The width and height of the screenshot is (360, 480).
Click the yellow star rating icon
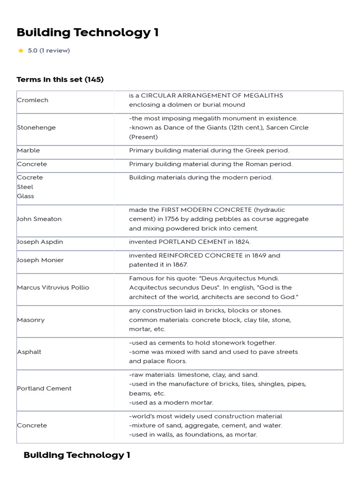pos(21,51)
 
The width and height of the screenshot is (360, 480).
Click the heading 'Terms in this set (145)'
pos(60,79)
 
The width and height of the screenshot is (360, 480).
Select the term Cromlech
pos(32,100)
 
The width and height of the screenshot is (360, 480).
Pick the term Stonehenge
pos(36,127)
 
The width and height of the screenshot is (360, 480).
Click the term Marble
pos(29,150)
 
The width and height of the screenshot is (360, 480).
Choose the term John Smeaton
pos(39,219)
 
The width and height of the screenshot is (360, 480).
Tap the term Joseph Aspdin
pos(40,242)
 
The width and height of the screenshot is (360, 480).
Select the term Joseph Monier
pos(40,260)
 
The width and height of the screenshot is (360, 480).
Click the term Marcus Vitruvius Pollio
pos(53,287)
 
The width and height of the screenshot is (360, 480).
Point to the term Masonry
pos(31,320)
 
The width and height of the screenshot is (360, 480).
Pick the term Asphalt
pos(29,352)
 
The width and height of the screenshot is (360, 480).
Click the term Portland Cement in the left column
pos(44,389)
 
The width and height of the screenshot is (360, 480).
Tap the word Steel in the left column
pos(25,187)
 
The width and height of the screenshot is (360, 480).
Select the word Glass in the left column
pos(25,196)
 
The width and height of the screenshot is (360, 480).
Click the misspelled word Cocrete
pos(30,178)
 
